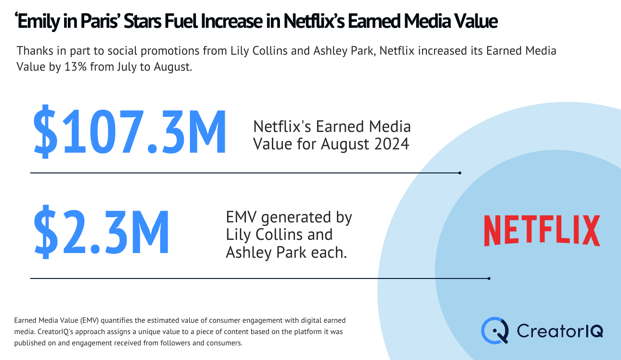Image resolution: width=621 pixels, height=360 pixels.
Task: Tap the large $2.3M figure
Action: (x=101, y=232)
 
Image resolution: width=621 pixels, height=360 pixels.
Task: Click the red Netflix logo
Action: (x=542, y=230)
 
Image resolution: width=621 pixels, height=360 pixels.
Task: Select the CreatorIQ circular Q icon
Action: (x=495, y=331)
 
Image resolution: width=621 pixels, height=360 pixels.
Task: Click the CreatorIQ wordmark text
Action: (x=560, y=331)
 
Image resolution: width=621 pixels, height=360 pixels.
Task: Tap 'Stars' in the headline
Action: (x=142, y=22)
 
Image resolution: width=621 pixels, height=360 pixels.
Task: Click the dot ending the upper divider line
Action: (x=460, y=173)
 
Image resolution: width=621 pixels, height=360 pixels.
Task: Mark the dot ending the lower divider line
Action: (x=489, y=278)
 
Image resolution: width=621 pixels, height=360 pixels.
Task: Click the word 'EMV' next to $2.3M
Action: (x=241, y=217)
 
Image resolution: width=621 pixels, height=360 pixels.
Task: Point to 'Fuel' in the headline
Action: (x=181, y=22)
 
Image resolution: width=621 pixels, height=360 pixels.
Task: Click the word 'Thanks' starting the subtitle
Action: (x=35, y=51)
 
